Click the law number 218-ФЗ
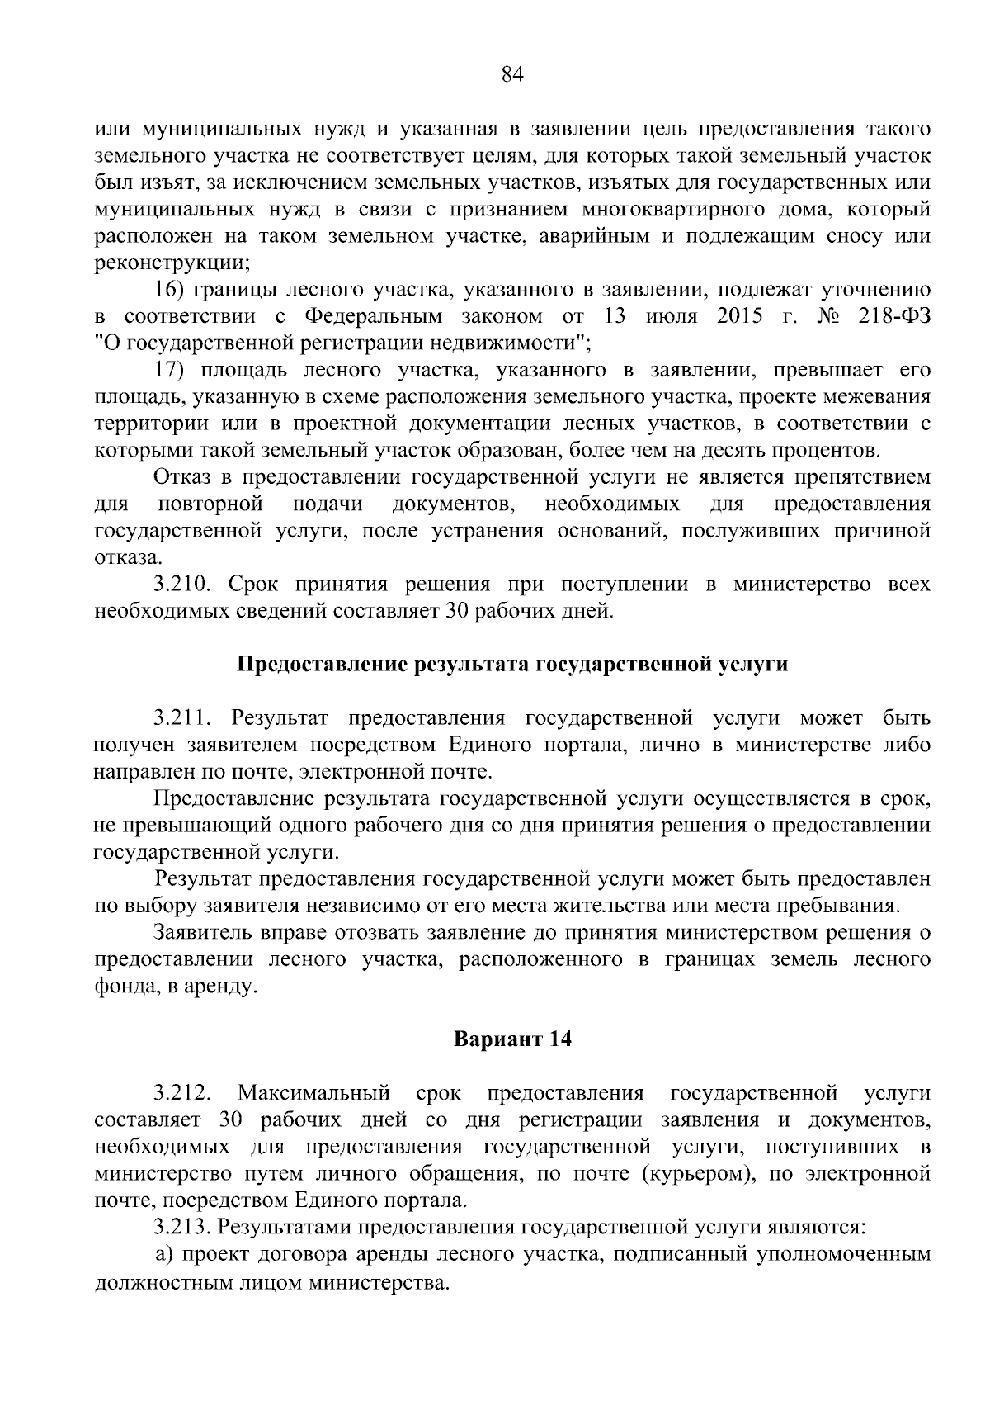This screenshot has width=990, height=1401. click(x=895, y=316)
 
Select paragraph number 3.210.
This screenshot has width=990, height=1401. click(x=184, y=585)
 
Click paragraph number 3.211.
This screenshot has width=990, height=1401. click(x=184, y=717)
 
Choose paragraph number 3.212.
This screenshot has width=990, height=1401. click(x=184, y=1093)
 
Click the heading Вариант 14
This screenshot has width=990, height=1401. click(x=513, y=1039)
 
